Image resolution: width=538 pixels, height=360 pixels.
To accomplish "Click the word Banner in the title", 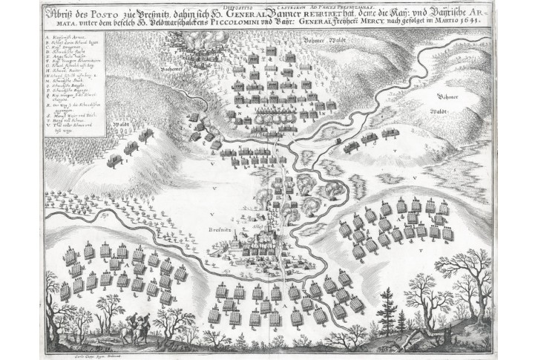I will (283, 15).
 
